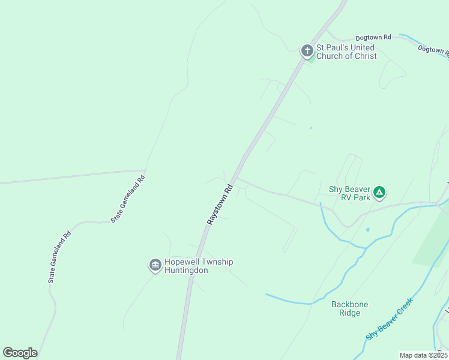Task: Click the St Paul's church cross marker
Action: [x=307, y=51]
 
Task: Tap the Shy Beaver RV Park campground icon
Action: [x=379, y=193]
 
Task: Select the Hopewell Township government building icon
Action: [x=155, y=265]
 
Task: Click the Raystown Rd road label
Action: [x=220, y=205]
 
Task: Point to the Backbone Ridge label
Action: [x=350, y=308]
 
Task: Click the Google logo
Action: [x=20, y=353]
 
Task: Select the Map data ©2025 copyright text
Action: [x=423, y=355]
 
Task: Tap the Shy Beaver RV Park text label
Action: [x=349, y=193]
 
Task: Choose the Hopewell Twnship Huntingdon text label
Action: [x=198, y=266]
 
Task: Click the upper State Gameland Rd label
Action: [x=128, y=199]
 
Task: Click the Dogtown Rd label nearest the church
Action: [x=373, y=37]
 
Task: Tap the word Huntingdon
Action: [x=187, y=271]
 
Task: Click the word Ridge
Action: [x=349, y=313]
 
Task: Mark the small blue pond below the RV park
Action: [x=367, y=229]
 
